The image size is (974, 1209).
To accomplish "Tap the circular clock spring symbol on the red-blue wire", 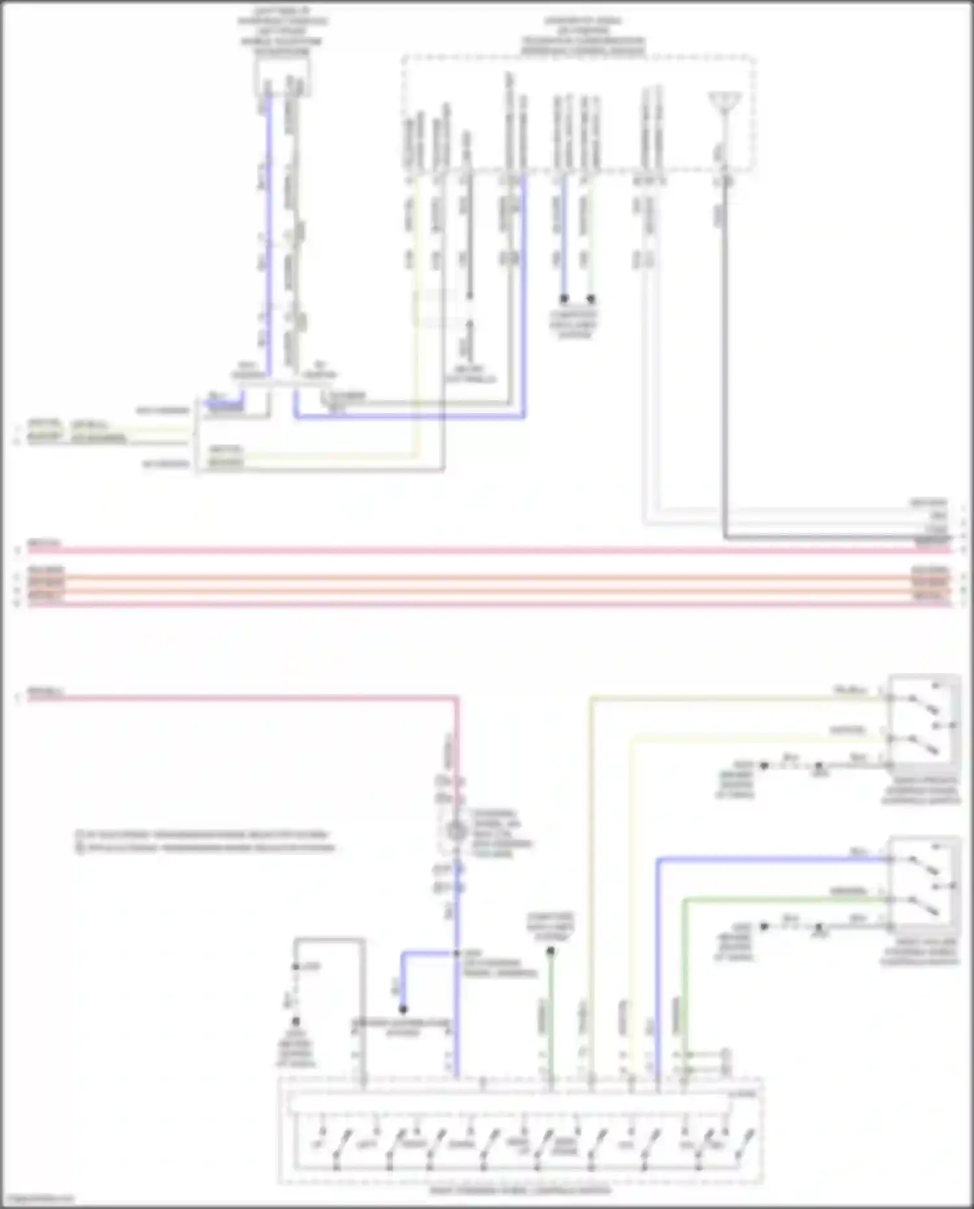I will pos(456,831).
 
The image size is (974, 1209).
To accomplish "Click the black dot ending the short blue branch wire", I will pos(403,1010).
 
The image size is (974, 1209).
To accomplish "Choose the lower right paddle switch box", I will pos(924,884).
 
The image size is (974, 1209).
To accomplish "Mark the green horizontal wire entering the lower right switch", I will pos(779,899).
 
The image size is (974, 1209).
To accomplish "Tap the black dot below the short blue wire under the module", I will pos(564,299).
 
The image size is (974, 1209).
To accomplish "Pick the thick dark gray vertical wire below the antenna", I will pos(725,357).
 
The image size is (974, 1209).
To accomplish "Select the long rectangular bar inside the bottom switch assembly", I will pos(506,1104).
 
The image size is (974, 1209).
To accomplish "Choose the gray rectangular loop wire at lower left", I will pos(329,939).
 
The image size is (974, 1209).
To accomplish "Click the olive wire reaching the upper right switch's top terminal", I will pos(714,698).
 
